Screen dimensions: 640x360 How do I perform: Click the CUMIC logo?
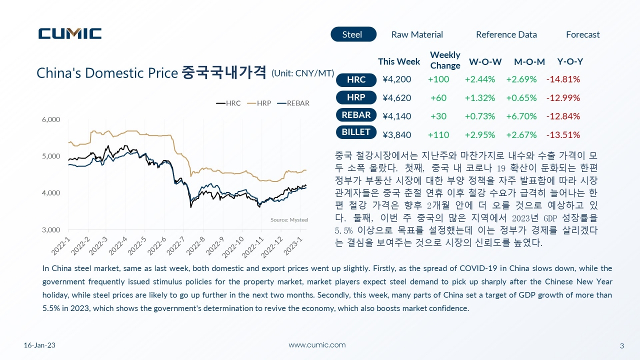(70, 33)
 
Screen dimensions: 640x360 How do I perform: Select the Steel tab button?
(353, 34)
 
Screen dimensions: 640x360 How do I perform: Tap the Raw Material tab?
(417, 34)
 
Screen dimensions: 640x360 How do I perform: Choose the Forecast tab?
(583, 34)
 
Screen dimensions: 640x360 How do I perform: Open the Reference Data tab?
(506, 34)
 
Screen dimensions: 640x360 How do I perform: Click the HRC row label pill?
(356, 79)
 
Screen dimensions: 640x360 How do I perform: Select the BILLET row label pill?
(356, 132)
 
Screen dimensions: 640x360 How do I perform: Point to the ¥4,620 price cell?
(397, 98)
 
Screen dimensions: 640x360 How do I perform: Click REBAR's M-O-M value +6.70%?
(521, 116)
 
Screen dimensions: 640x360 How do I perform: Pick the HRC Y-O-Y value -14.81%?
(563, 79)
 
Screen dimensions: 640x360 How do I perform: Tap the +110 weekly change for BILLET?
(438, 135)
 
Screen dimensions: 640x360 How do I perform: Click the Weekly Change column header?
(445, 60)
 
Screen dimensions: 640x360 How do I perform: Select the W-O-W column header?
(485, 61)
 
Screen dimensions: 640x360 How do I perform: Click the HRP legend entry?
(259, 103)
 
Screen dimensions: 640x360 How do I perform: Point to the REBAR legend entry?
(293, 103)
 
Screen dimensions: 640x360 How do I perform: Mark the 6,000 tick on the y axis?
(51, 119)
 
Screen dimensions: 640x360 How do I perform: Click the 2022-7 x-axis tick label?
(175, 246)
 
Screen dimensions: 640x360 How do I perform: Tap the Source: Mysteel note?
(289, 219)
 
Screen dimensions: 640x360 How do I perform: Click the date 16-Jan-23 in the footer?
(39, 345)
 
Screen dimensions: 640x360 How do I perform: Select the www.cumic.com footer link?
(317, 345)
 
